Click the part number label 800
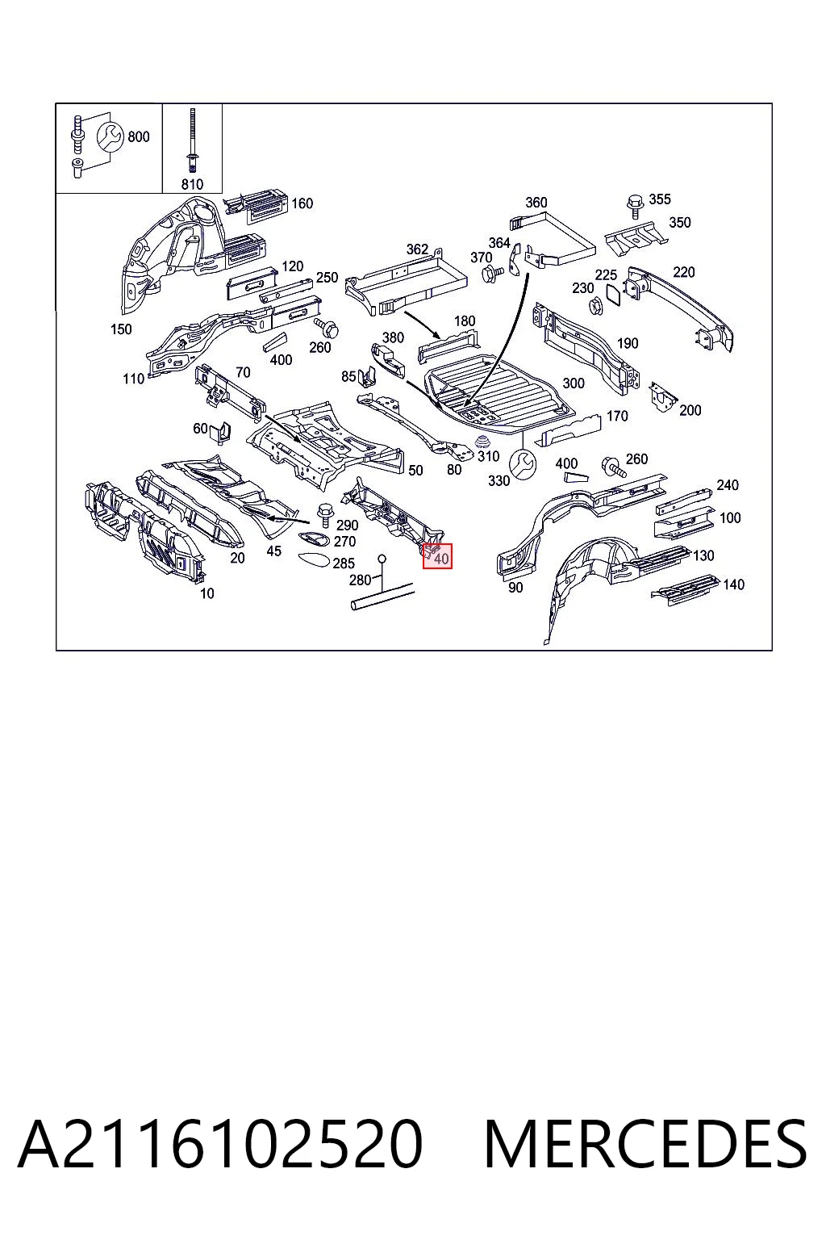138,136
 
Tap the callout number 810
192,184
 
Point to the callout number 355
660,199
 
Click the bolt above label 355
635,205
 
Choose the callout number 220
684,272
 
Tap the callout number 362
417,249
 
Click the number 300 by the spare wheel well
574,383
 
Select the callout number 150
121,329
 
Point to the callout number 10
207,593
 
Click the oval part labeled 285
315,560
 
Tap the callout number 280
360,580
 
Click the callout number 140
733,584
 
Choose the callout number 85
348,377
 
